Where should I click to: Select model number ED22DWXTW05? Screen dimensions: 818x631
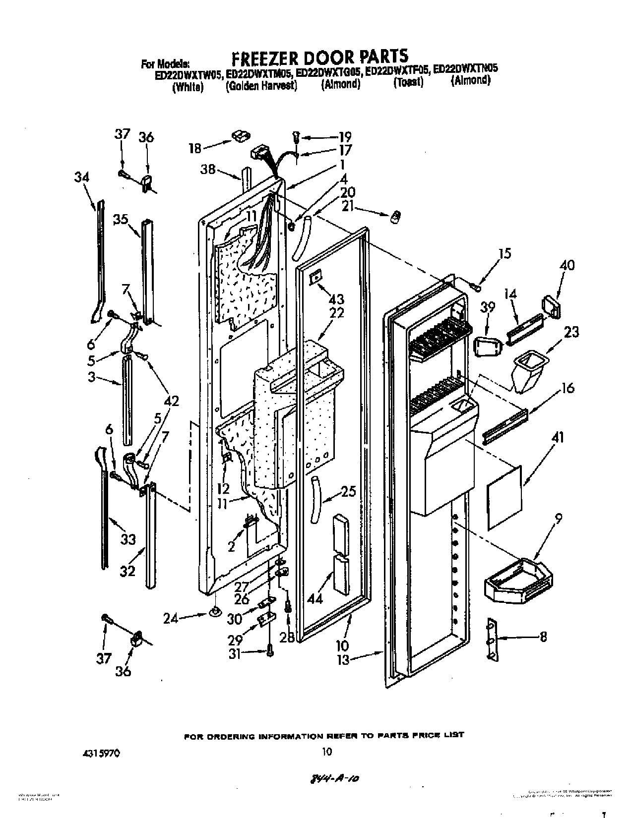(188, 74)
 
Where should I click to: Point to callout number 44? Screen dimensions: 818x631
(315, 598)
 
